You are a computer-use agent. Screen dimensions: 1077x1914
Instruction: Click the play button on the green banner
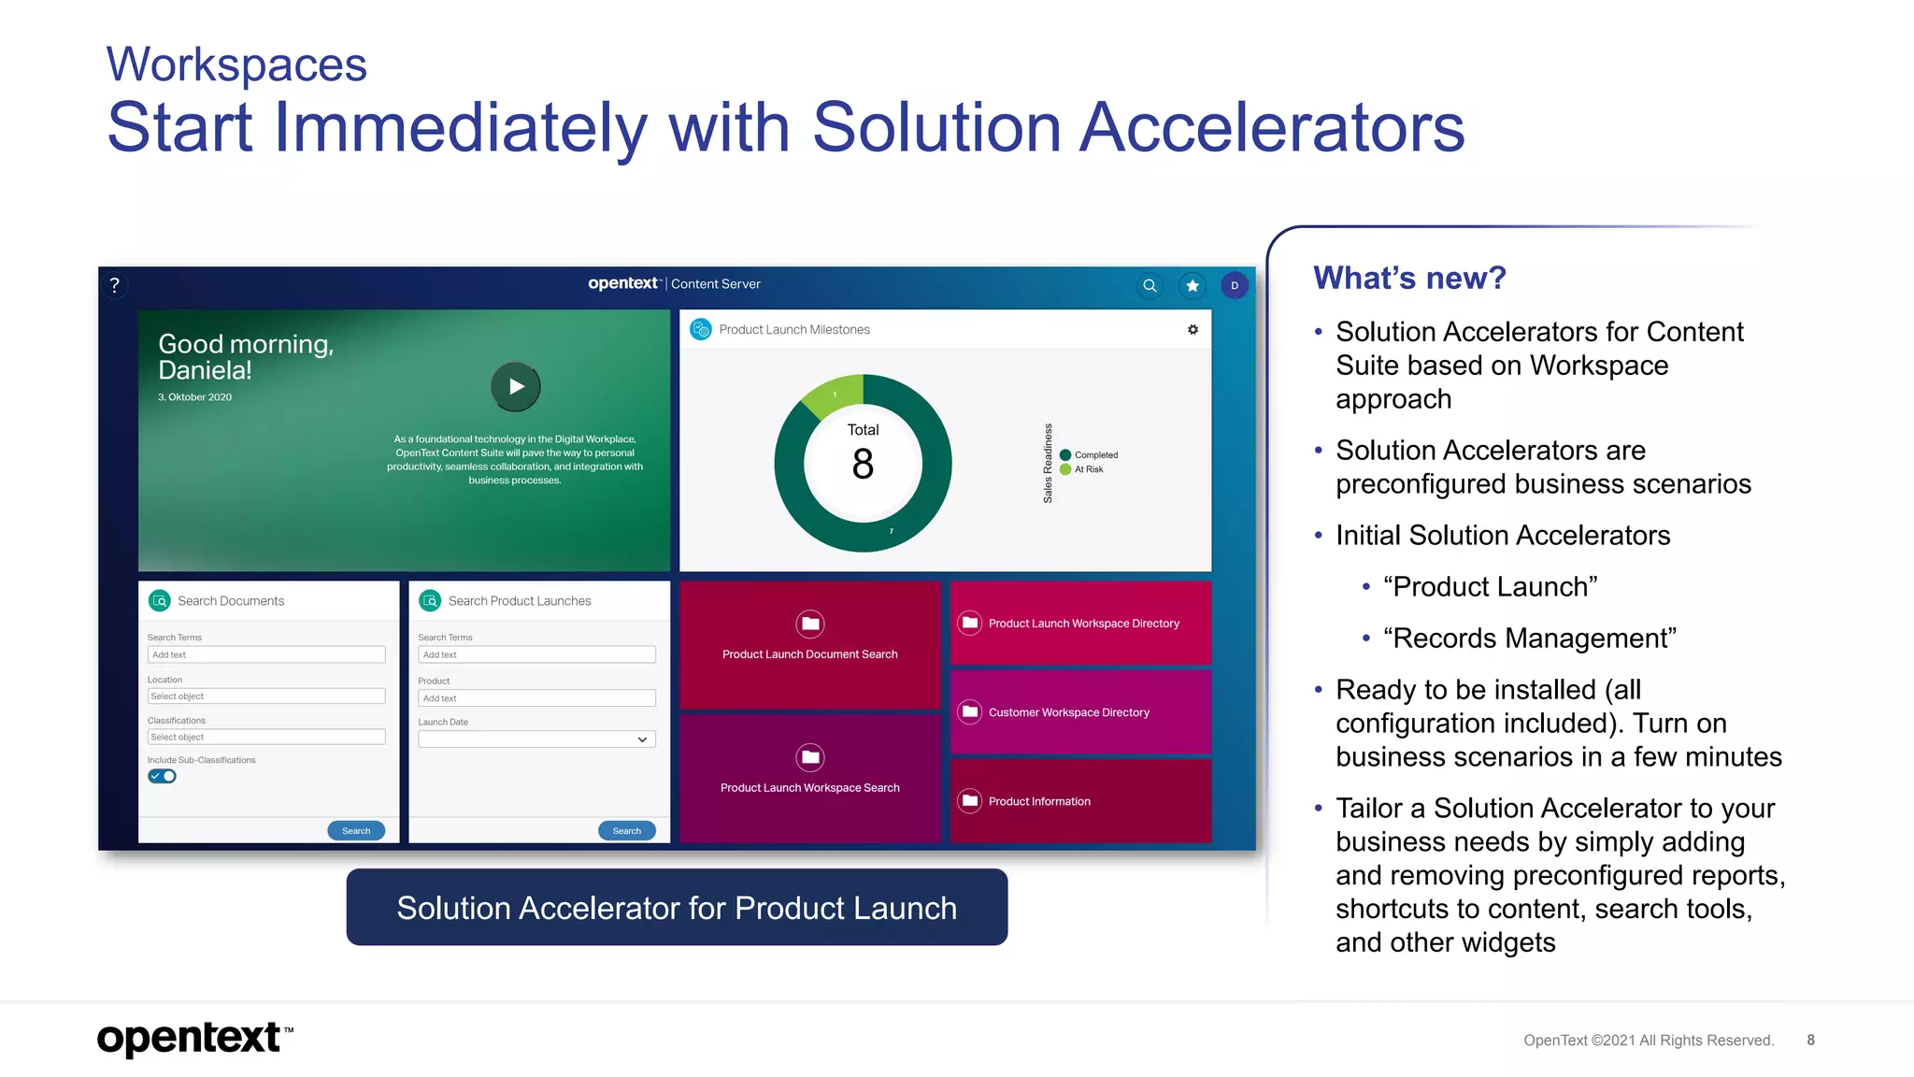click(x=515, y=386)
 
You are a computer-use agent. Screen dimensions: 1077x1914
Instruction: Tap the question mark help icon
click(x=115, y=285)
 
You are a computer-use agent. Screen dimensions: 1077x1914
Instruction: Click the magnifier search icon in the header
click(x=1150, y=285)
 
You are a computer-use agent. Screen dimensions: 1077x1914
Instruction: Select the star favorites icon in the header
click(x=1193, y=285)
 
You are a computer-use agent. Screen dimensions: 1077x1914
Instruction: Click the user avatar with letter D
click(x=1235, y=285)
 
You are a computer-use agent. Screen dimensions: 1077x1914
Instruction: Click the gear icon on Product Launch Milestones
click(x=1193, y=330)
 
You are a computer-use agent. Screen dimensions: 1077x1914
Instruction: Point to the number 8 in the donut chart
click(x=863, y=465)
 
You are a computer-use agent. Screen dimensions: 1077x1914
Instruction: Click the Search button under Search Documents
click(x=356, y=830)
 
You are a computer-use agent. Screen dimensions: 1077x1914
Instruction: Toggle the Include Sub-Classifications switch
click(x=162, y=776)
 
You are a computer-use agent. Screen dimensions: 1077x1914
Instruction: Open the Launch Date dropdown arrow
click(x=642, y=740)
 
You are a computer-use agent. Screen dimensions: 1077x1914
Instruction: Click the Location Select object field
click(x=266, y=696)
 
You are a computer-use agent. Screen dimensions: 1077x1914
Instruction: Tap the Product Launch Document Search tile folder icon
click(x=810, y=624)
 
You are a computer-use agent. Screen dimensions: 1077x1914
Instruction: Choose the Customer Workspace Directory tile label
click(x=1068, y=712)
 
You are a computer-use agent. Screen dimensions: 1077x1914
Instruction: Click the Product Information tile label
click(x=1039, y=801)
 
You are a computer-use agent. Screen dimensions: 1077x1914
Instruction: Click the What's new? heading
click(x=1409, y=278)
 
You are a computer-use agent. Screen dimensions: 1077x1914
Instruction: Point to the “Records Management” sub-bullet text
click(x=1529, y=639)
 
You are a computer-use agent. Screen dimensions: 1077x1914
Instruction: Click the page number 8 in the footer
click(x=1810, y=1040)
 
